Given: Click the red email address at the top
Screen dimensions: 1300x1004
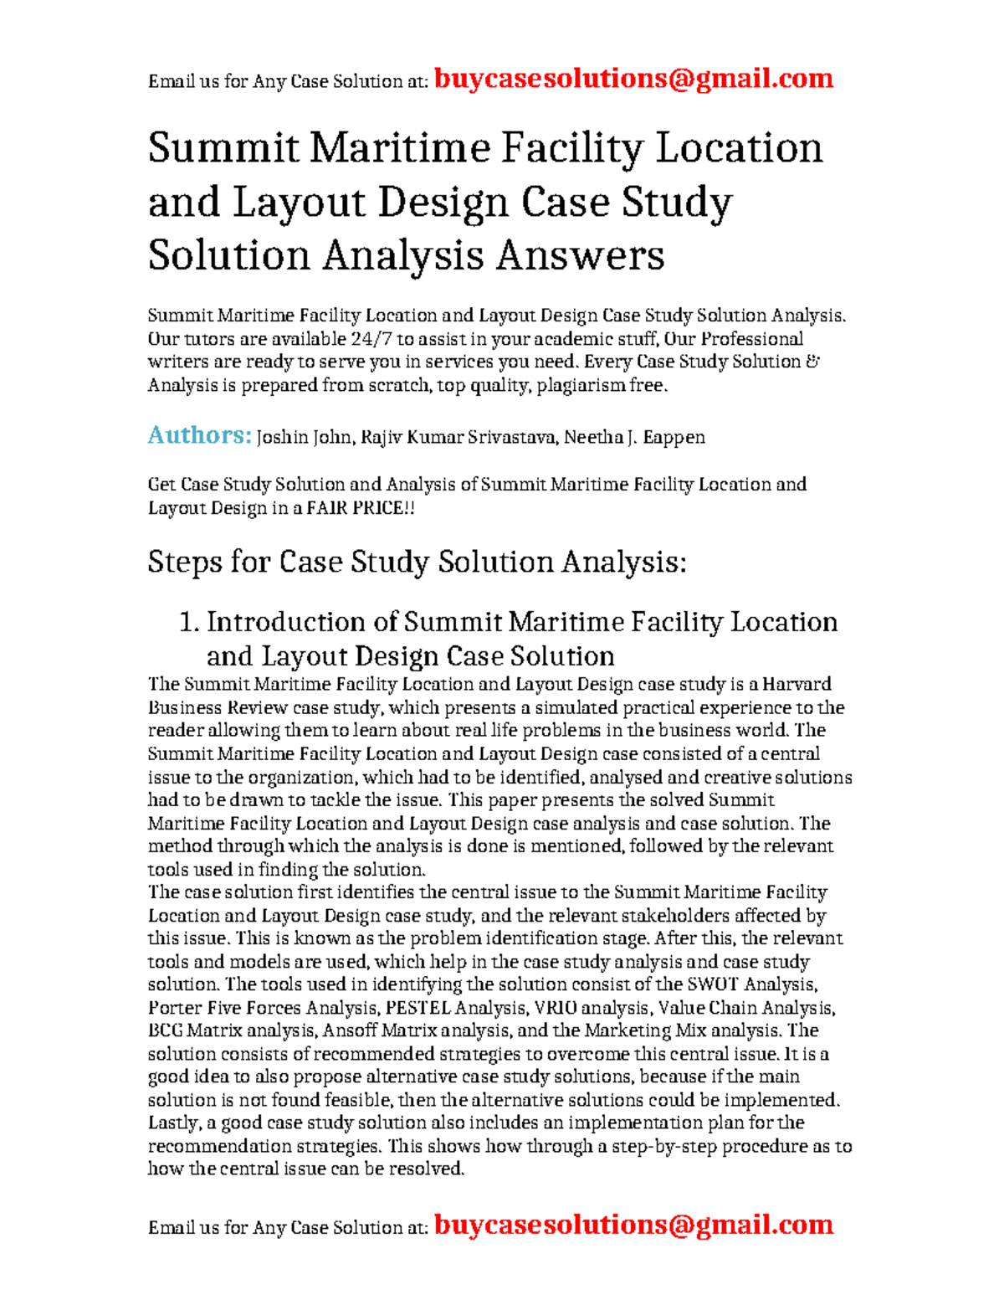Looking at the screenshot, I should (633, 79).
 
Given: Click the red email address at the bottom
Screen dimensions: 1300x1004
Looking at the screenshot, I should (633, 1225).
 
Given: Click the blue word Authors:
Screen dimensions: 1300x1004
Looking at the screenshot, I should (199, 435).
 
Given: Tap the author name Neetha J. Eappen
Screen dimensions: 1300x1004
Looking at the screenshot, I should (634, 437).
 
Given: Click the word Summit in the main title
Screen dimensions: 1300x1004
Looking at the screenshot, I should (223, 148).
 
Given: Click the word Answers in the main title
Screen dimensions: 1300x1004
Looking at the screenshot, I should (580, 255).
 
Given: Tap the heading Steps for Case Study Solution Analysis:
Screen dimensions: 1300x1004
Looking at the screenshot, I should (417, 562).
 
